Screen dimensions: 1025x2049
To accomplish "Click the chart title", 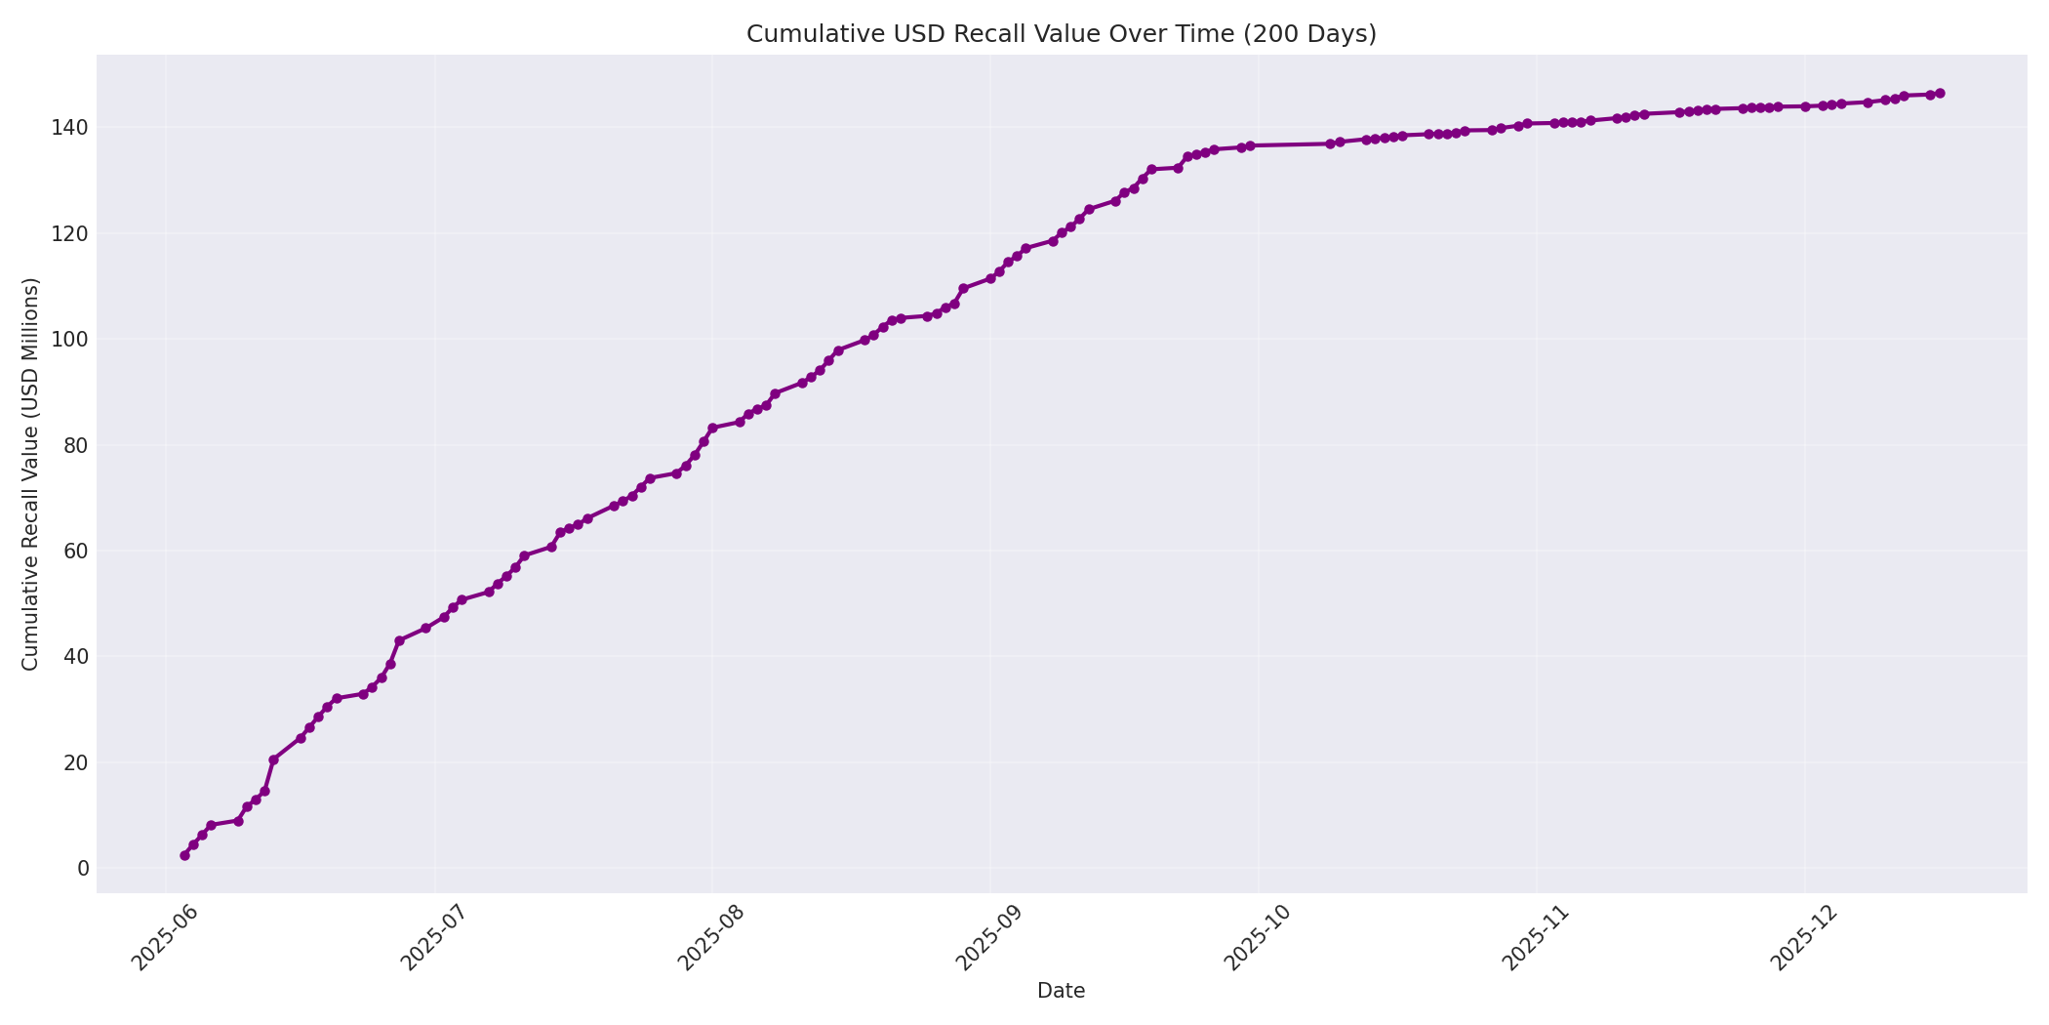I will [x=1061, y=34].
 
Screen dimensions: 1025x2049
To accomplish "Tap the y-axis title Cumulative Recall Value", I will [x=30, y=474].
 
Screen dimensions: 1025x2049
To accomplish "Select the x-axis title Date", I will [x=1061, y=991].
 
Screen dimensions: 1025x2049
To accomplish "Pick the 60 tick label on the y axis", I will [x=74, y=551].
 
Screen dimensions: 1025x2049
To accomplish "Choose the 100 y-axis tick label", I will [x=69, y=340].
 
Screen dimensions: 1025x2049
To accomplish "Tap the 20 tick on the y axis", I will [x=74, y=762].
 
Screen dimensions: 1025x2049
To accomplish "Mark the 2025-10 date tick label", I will [x=1259, y=937].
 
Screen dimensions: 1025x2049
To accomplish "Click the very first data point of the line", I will [x=184, y=855].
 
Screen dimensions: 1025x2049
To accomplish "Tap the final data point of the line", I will [x=1940, y=94].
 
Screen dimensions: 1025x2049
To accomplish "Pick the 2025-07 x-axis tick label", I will [x=435, y=937].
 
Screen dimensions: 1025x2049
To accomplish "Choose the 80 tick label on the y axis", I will [x=74, y=445].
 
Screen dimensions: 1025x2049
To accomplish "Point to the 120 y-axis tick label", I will [x=69, y=234].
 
